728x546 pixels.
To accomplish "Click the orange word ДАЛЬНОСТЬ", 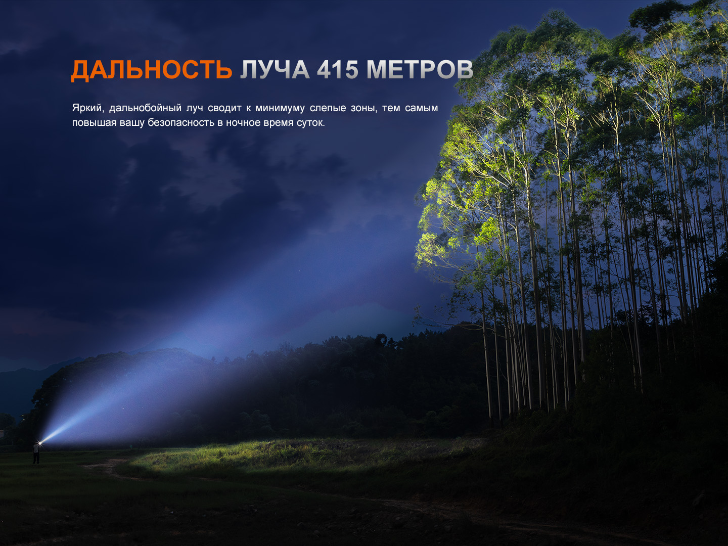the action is (x=152, y=70).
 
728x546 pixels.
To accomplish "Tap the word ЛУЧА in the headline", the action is (x=275, y=70).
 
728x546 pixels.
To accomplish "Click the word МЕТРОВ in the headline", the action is (x=420, y=70).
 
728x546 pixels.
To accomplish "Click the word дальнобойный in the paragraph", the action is (x=145, y=108).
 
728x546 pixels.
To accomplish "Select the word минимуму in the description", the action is (x=280, y=108).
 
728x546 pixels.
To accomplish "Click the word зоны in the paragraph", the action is (x=364, y=109).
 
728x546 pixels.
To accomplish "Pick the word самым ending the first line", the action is (x=422, y=108).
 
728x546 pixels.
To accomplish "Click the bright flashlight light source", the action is (x=40, y=442).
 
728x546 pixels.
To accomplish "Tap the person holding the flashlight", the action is (x=36, y=453).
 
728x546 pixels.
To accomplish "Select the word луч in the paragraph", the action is (x=195, y=108).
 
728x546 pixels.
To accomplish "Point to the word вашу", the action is (x=132, y=123).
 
